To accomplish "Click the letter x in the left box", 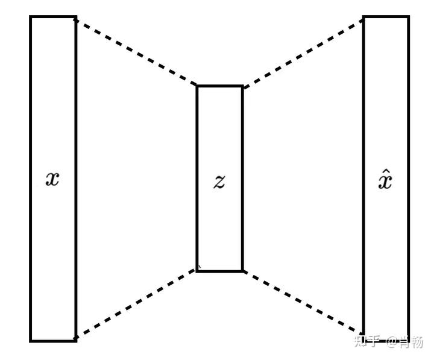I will (53, 179).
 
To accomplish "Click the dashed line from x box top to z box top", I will (136, 52).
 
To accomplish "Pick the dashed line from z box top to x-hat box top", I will (303, 52).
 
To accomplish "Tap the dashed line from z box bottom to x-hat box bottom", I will (303, 302).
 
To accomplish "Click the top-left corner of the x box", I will (31, 17).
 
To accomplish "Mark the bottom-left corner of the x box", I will (31, 341).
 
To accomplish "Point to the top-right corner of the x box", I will (76, 17).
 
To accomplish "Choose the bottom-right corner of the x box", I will (76, 341).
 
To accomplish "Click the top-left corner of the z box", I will (197, 86).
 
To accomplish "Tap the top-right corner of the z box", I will (242, 86).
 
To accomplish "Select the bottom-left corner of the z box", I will (197, 271).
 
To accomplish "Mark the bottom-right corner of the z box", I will (242, 271).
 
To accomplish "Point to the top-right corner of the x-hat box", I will (409, 17).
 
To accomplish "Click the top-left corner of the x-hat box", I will (363, 17).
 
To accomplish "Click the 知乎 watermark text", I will (367, 342).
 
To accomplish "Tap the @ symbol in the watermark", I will (392, 343).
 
